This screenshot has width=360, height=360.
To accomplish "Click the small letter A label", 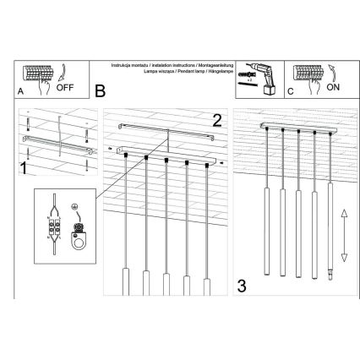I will point(20,91).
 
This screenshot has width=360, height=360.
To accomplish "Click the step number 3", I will point(242,286).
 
